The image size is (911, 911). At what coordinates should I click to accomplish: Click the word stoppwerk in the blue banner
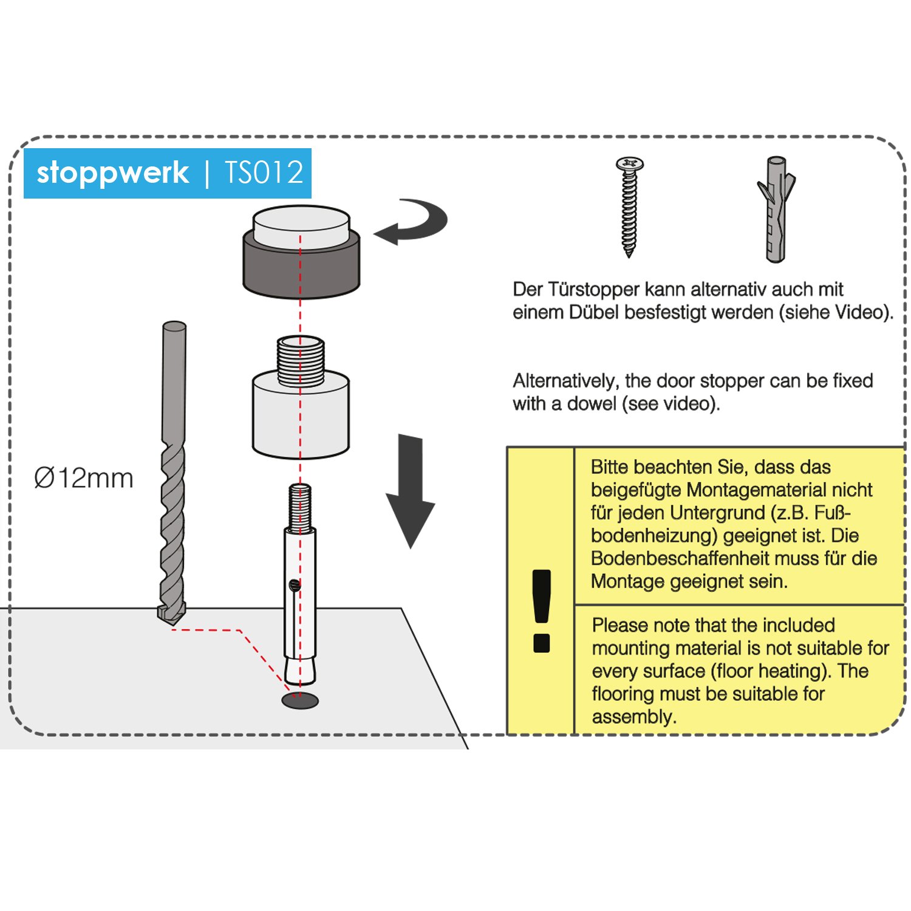[112, 173]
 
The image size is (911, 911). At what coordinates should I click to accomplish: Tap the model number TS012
[264, 173]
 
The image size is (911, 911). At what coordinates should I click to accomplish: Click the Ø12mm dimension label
[83, 478]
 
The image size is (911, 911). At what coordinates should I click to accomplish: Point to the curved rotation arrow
[413, 222]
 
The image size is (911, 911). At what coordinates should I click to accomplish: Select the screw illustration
[629, 206]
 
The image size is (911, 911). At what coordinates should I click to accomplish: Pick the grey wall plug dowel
[776, 210]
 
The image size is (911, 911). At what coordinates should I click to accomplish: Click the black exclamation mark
[541, 610]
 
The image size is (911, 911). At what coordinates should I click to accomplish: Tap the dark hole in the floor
[300, 700]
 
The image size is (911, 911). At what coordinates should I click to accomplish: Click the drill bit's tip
[171, 616]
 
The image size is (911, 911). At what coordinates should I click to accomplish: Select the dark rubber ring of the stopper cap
[301, 267]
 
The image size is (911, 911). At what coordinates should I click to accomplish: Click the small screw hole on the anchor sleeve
[295, 585]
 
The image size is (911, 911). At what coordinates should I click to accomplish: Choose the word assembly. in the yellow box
[633, 717]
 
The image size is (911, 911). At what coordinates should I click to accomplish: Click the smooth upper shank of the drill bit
[174, 377]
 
